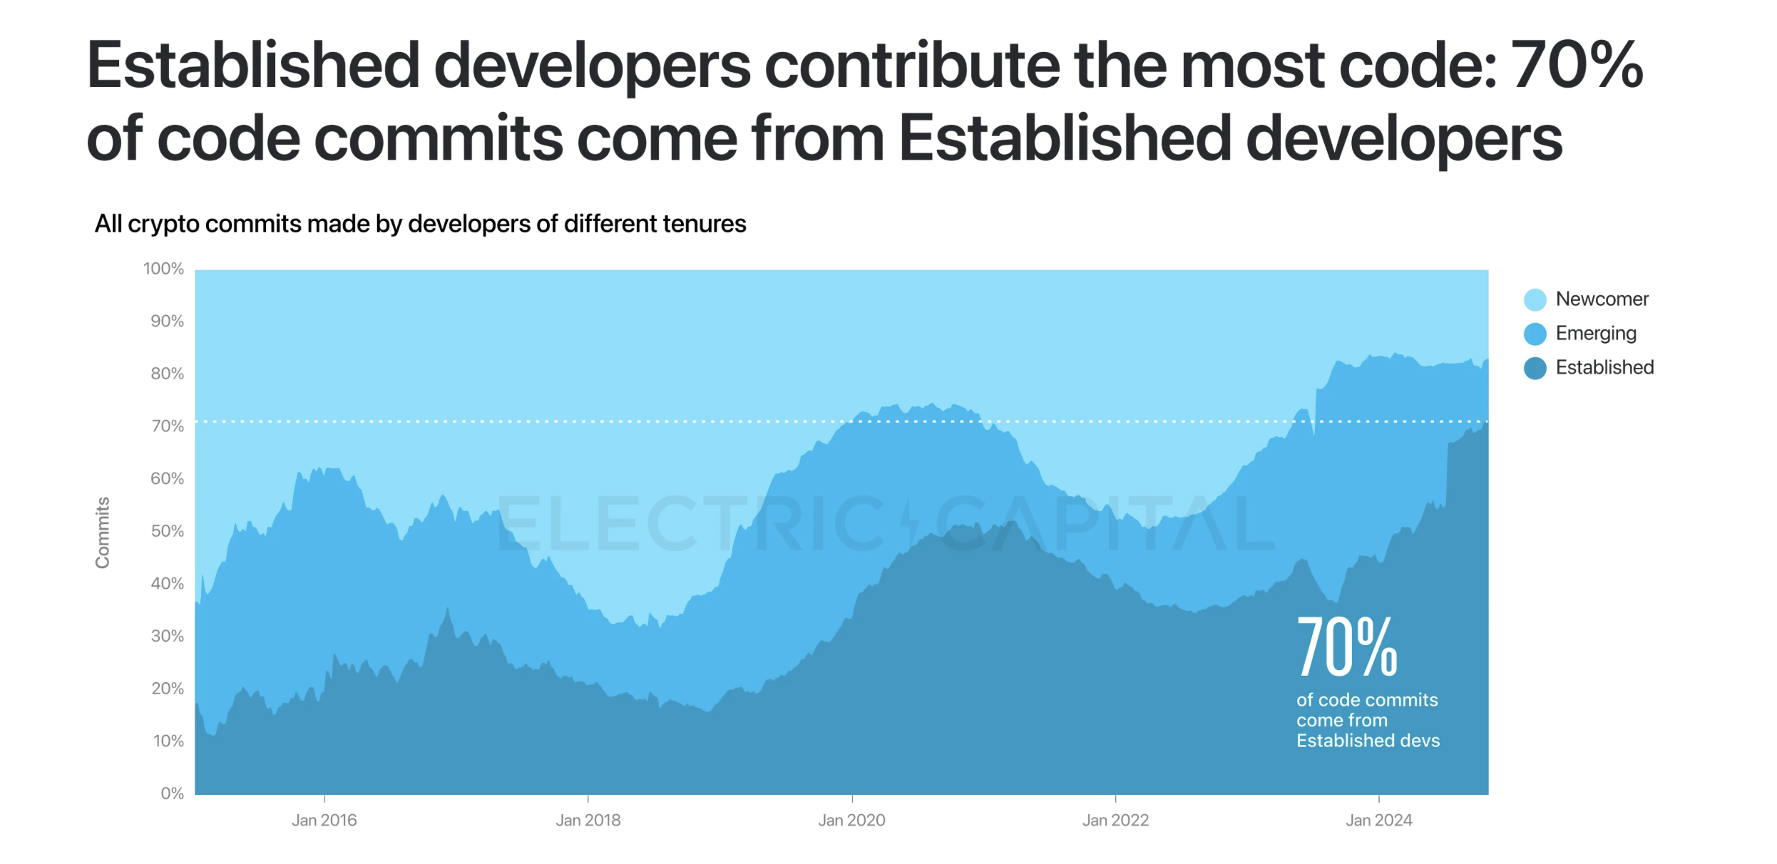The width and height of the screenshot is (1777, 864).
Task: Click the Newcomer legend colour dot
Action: [x=1535, y=299]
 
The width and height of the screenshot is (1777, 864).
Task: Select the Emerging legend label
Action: [x=1595, y=334]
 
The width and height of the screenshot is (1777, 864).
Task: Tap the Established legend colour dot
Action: [x=1535, y=368]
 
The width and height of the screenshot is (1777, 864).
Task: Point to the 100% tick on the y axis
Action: [x=163, y=269]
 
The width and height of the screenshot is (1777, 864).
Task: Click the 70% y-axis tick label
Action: [x=167, y=426]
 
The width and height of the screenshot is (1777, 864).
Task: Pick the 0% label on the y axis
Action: [x=172, y=793]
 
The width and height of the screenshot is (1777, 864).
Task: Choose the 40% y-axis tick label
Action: [x=167, y=584]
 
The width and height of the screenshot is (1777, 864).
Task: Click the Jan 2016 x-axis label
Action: [x=324, y=821]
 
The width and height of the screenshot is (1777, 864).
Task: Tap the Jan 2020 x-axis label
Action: [x=851, y=821]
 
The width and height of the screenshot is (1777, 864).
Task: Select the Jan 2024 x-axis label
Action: [x=1378, y=821]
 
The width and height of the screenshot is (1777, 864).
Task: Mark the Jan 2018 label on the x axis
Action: [x=588, y=821]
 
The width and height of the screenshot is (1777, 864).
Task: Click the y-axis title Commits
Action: [x=103, y=533]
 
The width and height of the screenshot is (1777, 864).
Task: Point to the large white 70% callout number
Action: [x=1346, y=647]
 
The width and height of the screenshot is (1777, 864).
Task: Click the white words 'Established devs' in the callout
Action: [x=1368, y=741]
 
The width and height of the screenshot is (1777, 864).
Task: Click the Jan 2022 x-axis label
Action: [x=1115, y=821]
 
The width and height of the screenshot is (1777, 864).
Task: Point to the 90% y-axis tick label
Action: [x=167, y=322]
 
